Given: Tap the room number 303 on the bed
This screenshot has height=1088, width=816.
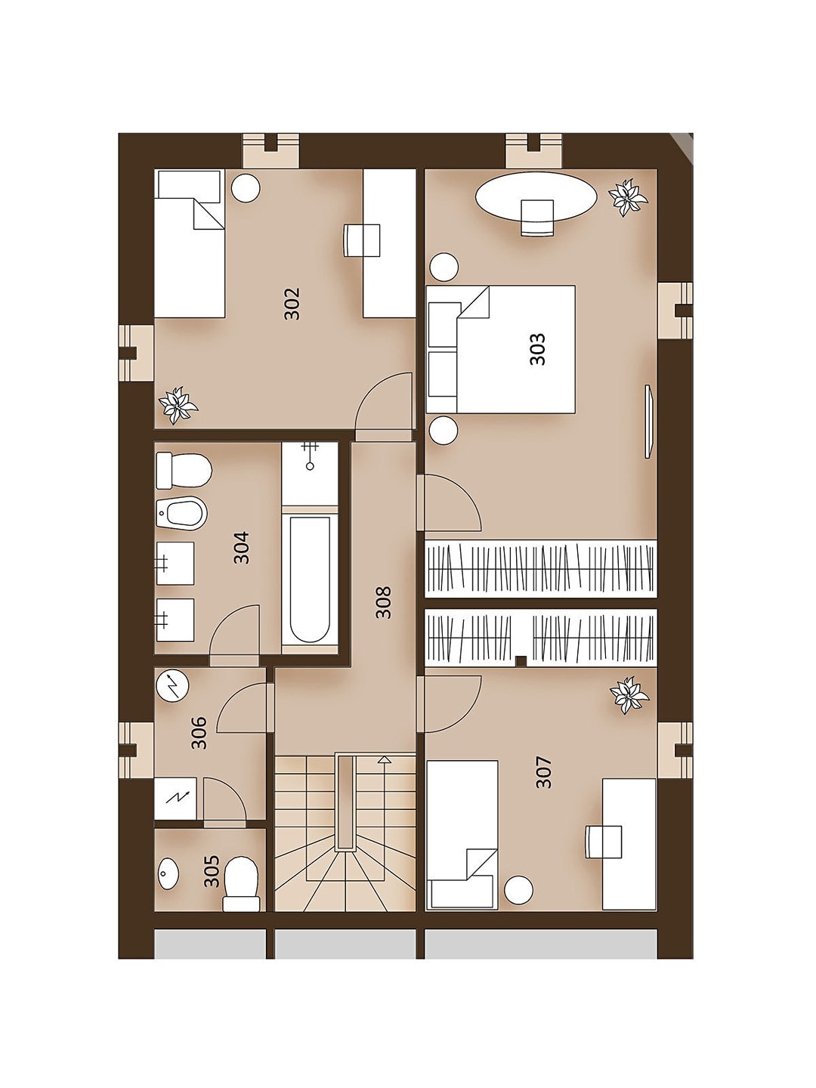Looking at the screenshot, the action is click(x=537, y=349).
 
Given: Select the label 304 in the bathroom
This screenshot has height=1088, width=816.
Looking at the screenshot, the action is click(x=242, y=548).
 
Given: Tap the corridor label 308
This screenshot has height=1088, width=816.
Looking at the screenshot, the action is click(x=384, y=602).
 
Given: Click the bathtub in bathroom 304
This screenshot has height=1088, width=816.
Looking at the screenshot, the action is click(x=310, y=580).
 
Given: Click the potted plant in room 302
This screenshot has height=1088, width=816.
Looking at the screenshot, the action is click(x=178, y=404).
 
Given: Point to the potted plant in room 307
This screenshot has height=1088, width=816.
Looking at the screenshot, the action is click(x=629, y=695).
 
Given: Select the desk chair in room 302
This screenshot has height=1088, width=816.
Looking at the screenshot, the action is click(x=362, y=240).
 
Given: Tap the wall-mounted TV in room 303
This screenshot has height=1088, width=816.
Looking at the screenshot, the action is click(x=649, y=421).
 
